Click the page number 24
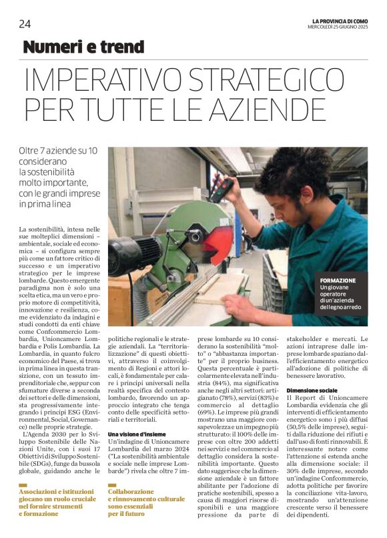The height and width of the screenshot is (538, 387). coord(25,24)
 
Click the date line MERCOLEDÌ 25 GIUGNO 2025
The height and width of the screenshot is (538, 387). coord(337,27)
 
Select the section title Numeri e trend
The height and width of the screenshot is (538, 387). coord(83,47)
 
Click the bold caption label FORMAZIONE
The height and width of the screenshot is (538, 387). coord(338,280)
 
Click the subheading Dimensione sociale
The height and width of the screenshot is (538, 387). coord(310,390)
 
